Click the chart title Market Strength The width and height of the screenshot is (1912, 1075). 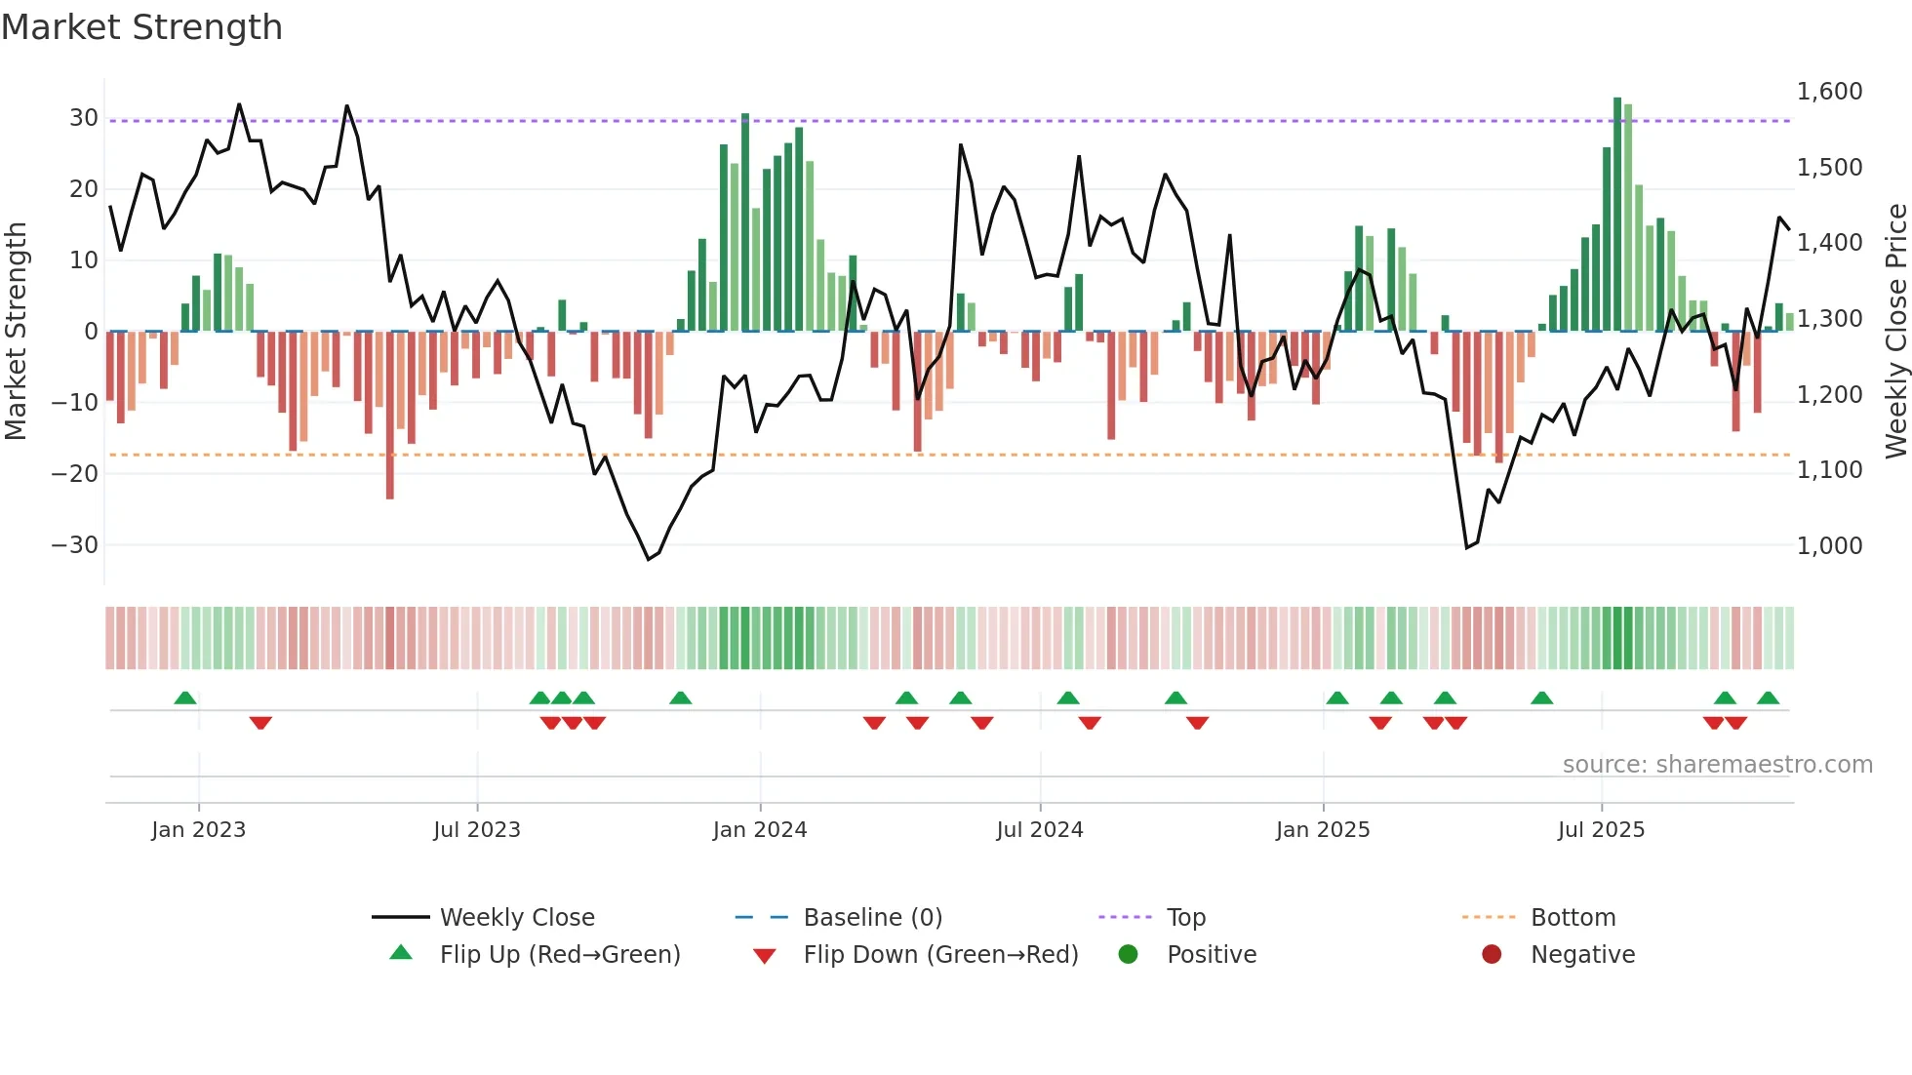coord(141,27)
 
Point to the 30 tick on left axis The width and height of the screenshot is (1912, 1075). coord(84,118)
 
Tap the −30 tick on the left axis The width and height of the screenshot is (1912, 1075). coord(75,545)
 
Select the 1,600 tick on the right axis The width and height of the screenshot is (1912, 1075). coord(1829,92)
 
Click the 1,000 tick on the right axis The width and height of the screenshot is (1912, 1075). coord(1829,546)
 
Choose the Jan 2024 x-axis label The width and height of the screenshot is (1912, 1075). coord(760,830)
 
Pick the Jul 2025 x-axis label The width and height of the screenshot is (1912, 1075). coord(1601,830)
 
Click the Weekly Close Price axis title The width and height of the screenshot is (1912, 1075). coord(1895,332)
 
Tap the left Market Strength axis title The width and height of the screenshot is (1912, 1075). coord(16,332)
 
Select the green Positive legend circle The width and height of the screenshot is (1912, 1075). coord(1129,955)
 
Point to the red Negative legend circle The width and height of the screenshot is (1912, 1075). coord(1492,955)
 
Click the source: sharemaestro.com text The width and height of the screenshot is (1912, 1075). coord(1717,765)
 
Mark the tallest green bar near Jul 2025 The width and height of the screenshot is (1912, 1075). coord(1617,215)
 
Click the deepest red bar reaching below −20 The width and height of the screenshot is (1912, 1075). coord(390,415)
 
